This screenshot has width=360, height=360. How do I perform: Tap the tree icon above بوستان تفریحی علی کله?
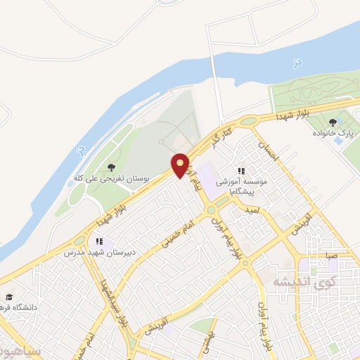111,167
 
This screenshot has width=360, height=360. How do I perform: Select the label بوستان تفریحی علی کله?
108,179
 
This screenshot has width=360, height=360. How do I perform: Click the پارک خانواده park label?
336,131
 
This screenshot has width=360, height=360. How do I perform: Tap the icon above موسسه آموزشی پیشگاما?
241,171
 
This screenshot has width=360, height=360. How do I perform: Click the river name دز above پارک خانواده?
297,63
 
